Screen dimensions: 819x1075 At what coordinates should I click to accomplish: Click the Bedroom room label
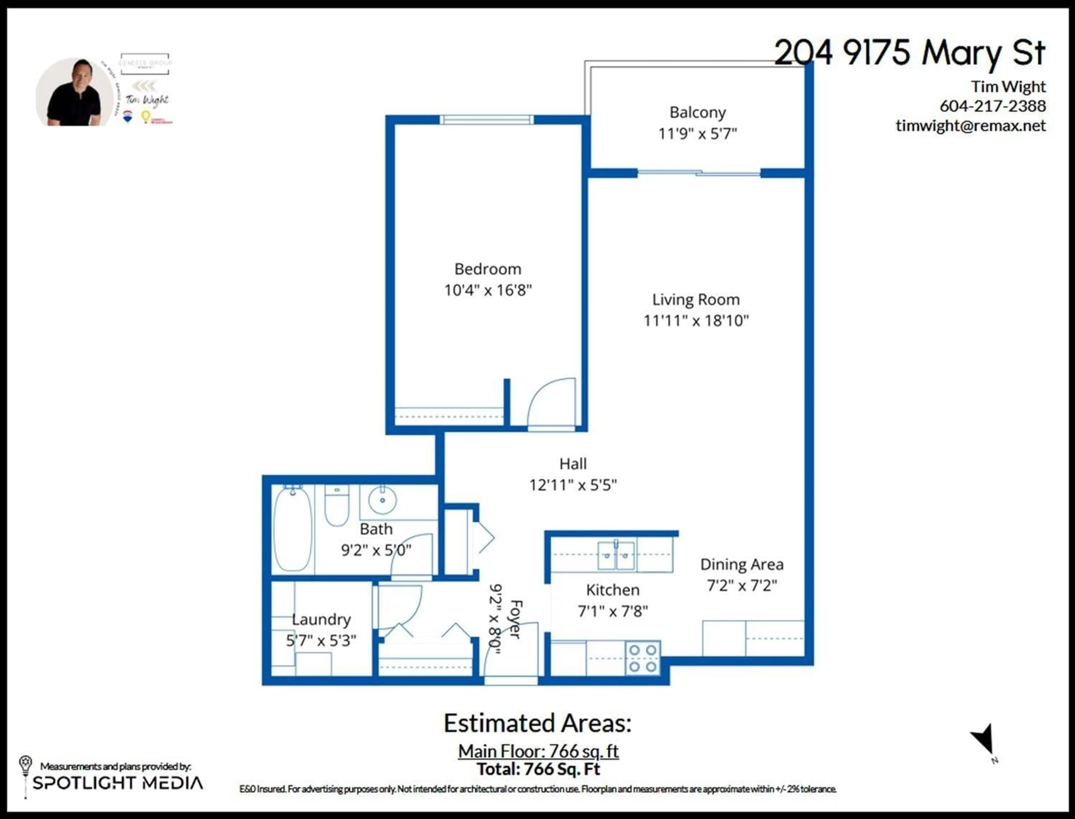(487, 269)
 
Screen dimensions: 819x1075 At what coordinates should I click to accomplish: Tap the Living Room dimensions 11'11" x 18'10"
(696, 321)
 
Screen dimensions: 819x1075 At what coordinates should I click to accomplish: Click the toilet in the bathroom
(336, 505)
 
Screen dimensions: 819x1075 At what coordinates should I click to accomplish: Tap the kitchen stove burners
(642, 658)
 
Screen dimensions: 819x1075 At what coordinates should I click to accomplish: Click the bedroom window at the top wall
(487, 120)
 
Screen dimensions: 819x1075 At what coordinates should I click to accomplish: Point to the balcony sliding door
(699, 173)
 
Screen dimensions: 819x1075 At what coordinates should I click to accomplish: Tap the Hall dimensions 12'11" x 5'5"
(573, 485)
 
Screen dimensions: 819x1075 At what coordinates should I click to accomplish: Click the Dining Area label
(742, 565)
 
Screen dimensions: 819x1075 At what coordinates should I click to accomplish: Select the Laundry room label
(321, 620)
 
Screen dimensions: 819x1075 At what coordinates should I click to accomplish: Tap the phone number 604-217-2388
(993, 106)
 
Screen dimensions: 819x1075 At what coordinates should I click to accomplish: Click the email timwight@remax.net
(970, 126)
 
